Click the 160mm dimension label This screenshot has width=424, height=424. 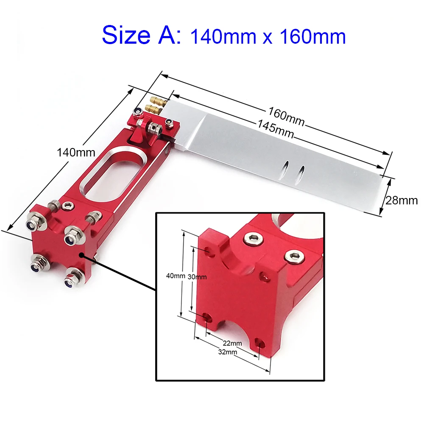286,117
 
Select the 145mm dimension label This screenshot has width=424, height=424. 275,129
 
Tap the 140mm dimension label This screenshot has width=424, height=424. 76,153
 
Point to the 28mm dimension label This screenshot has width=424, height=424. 402,201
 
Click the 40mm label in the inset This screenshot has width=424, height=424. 176,276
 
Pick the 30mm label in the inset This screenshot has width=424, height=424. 197,277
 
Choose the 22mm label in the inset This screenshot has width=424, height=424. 232,343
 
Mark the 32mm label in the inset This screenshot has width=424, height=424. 228,352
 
